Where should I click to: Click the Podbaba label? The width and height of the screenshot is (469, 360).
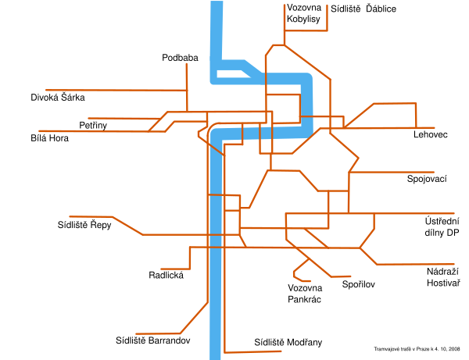(x=180, y=58)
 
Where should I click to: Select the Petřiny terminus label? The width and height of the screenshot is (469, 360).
(x=93, y=125)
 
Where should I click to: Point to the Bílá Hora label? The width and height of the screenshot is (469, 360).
(x=49, y=138)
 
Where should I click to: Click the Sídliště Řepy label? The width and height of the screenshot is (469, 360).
(x=84, y=225)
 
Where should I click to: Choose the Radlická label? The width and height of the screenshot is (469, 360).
(x=165, y=275)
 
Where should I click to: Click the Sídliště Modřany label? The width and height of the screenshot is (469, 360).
(x=288, y=342)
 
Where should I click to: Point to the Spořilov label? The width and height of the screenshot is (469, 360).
(x=359, y=284)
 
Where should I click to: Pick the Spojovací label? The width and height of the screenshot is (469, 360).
(x=427, y=180)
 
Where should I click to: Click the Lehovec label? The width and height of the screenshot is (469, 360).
(x=431, y=135)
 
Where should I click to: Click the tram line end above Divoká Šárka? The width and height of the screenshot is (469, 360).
(x=48, y=90)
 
